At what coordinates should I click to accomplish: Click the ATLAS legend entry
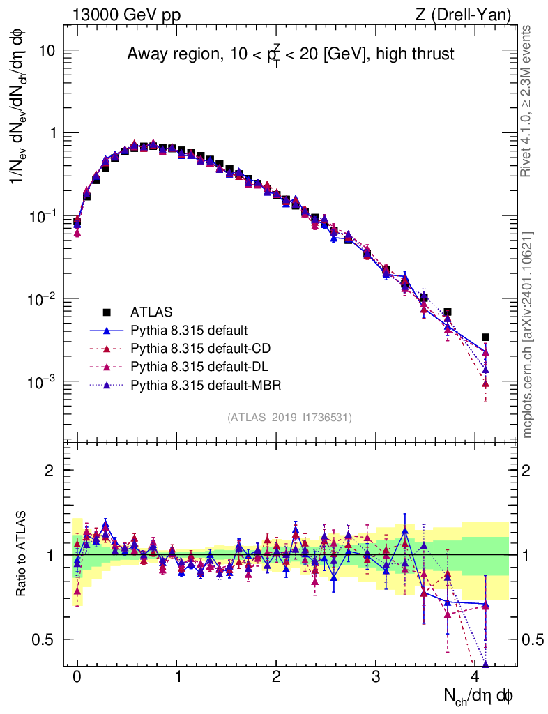pyautogui.click(x=150, y=311)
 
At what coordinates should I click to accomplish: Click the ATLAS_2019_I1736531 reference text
pyautogui.click(x=289, y=418)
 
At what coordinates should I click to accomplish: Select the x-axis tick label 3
pyautogui.click(x=376, y=677)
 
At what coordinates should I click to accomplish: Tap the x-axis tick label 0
pyautogui.click(x=77, y=677)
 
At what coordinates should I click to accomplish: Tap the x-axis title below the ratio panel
pyautogui.click(x=480, y=695)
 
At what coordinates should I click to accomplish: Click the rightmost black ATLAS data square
pyautogui.click(x=485, y=337)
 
